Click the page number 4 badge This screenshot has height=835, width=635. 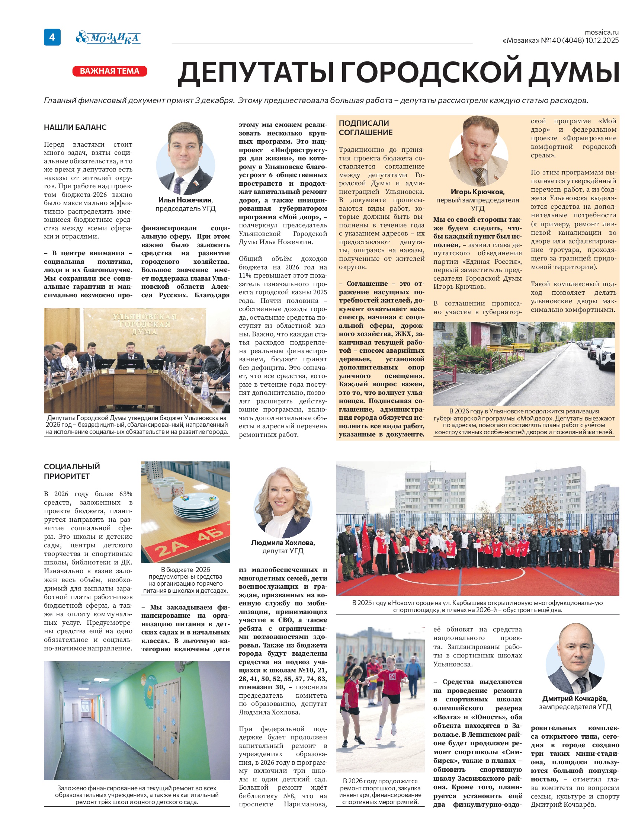52,37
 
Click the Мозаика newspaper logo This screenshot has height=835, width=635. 109,38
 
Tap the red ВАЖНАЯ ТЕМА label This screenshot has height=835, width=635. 110,71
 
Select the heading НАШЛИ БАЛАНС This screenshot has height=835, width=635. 75,127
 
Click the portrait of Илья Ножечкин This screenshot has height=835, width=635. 186,159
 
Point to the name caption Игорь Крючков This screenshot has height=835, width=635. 477,192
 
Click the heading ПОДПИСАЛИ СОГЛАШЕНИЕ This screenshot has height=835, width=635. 366,128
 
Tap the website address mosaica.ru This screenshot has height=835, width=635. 602,32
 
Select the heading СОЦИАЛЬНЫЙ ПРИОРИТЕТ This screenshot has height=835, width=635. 72,471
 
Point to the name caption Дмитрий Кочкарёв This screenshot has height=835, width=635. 575,698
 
